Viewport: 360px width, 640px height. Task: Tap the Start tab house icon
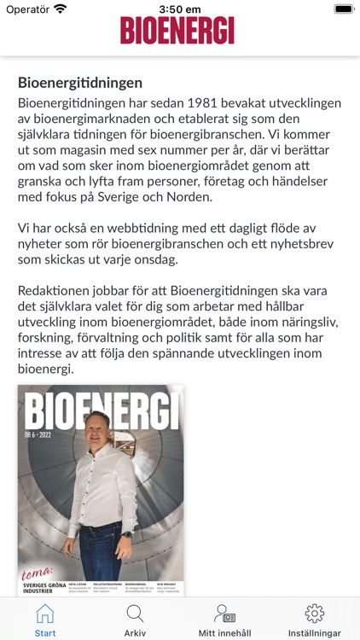pyautogui.click(x=45, y=614)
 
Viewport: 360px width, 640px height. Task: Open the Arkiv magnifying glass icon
pyautogui.click(x=135, y=614)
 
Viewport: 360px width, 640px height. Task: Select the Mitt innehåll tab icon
pyautogui.click(x=224, y=614)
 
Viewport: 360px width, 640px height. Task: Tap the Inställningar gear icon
pyautogui.click(x=314, y=614)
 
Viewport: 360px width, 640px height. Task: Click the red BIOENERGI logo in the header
pyautogui.click(x=177, y=30)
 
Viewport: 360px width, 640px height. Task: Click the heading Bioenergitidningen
pyautogui.click(x=80, y=83)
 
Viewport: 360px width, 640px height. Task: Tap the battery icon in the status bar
pyautogui.click(x=343, y=9)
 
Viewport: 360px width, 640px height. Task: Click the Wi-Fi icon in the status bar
pyautogui.click(x=60, y=9)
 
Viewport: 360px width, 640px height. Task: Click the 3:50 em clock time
pyautogui.click(x=180, y=9)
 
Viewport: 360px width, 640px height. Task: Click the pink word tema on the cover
pyautogui.click(x=39, y=571)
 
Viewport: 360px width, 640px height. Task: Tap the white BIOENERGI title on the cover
pyautogui.click(x=101, y=410)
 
